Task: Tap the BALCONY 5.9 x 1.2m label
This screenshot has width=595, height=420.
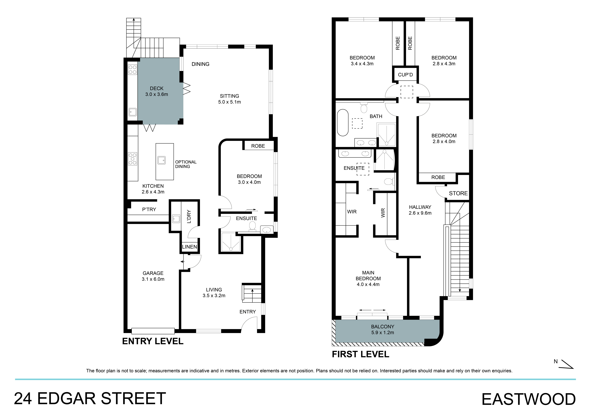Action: click(x=382, y=330)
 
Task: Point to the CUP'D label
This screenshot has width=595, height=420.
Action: click(x=405, y=75)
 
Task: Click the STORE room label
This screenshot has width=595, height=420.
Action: click(x=458, y=193)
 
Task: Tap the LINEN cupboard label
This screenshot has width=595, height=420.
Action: click(x=189, y=247)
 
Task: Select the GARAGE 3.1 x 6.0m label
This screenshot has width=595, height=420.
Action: click(x=153, y=276)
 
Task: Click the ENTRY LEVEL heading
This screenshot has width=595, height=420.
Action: click(x=153, y=341)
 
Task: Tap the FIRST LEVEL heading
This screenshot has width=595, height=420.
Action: click(x=361, y=354)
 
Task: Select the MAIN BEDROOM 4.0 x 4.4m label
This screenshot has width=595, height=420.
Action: click(x=368, y=278)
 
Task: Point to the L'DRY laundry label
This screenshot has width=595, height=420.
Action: click(x=189, y=217)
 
